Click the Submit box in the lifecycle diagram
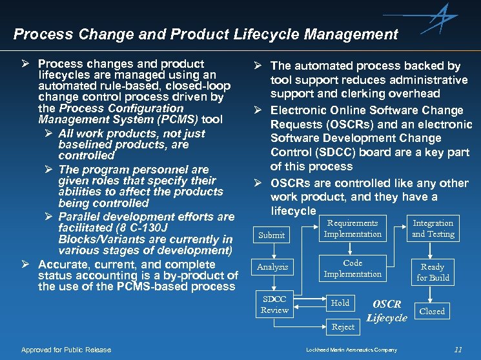coord(271,235)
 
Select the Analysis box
coord(272,267)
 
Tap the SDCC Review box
coord(274,305)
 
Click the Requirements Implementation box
coord(353,228)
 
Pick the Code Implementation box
coord(353,268)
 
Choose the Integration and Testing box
coord(433,228)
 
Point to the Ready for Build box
coord(433,272)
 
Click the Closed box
coord(432,311)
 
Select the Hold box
coord(340,303)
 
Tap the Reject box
coord(343,327)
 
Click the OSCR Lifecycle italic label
coord(387,310)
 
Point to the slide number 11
coord(458,350)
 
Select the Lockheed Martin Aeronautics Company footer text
coord(351,350)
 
